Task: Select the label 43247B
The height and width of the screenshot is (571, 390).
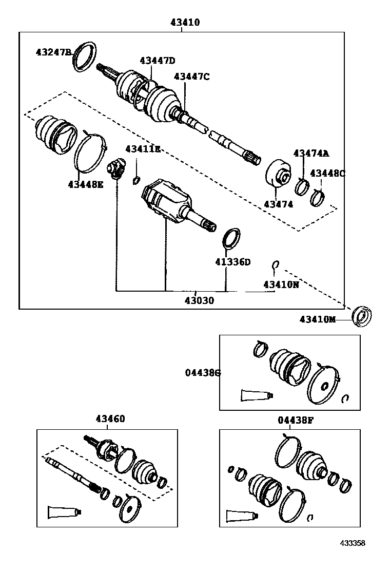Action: click(x=53, y=52)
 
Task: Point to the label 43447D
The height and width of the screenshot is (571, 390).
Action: click(x=157, y=60)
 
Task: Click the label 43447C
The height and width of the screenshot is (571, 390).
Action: click(x=192, y=77)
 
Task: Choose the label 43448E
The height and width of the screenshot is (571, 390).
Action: click(x=85, y=184)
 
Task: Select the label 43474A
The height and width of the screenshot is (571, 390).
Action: click(x=311, y=153)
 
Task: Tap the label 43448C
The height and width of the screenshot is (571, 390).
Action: click(x=327, y=173)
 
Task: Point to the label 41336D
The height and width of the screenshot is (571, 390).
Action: click(x=232, y=262)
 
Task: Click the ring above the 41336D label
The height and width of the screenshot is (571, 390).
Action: click(x=232, y=238)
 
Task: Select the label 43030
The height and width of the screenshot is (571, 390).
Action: click(x=199, y=300)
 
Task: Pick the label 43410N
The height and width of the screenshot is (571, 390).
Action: click(x=281, y=284)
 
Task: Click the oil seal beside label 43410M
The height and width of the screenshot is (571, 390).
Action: click(x=362, y=315)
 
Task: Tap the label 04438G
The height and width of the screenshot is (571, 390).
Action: click(x=203, y=373)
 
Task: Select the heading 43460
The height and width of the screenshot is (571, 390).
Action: click(x=110, y=419)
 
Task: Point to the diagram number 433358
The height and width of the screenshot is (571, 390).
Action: click(x=354, y=543)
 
